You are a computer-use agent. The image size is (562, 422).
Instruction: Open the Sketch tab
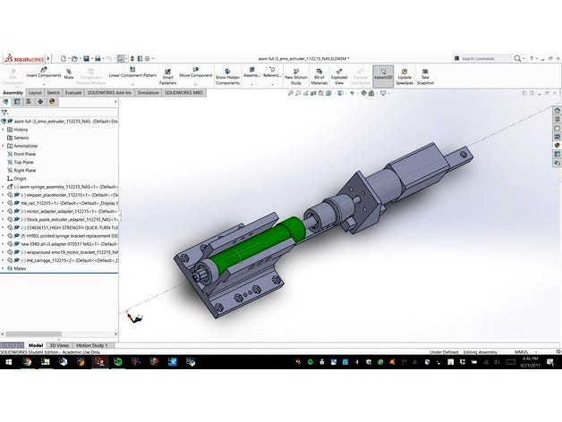pyautogui.click(x=54, y=92)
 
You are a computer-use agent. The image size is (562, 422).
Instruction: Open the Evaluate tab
pyautogui.click(x=74, y=92)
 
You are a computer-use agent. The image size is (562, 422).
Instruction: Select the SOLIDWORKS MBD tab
pyautogui.click(x=183, y=92)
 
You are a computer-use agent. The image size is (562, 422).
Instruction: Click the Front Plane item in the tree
pyautogui.click(x=25, y=154)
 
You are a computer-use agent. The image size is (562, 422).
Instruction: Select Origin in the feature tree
pyautogui.click(x=21, y=178)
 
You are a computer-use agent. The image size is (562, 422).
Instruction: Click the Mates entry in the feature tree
pyautogui.click(x=20, y=267)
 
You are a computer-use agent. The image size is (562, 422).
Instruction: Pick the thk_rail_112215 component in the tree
pyautogui.click(x=45, y=202)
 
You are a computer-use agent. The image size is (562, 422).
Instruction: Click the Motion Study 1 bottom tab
pyautogui.click(x=92, y=344)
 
